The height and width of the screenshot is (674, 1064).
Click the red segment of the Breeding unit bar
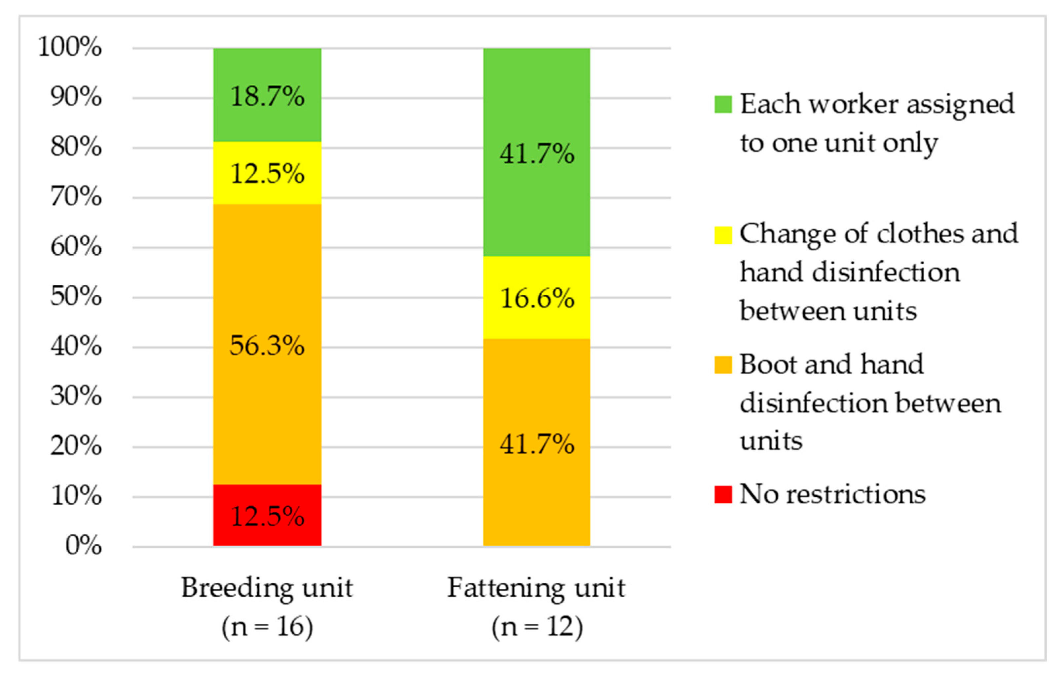click(267, 515)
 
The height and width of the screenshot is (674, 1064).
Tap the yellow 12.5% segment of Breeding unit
click(267, 173)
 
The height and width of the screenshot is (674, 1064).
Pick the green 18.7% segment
click(267, 95)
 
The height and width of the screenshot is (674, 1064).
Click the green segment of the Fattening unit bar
click(536, 152)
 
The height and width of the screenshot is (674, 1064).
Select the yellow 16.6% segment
click(536, 298)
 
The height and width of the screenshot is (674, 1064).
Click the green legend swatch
click(723, 105)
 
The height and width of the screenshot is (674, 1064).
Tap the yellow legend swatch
click(723, 235)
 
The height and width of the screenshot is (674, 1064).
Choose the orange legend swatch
click(723, 365)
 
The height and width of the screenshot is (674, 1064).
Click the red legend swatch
click(723, 494)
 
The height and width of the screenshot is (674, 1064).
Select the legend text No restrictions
click(832, 494)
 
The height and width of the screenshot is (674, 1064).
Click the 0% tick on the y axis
click(84, 545)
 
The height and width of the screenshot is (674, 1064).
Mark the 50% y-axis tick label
click(76, 296)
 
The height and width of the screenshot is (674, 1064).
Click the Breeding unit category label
click(267, 607)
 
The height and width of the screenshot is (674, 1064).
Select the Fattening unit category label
click(537, 607)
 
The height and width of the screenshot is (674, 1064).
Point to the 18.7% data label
click(267, 96)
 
